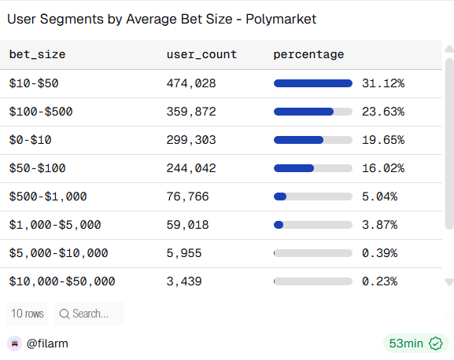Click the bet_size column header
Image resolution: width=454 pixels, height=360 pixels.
[37, 54]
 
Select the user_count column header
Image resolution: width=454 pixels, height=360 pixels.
[201, 54]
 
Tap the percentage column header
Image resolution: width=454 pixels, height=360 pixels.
[308, 54]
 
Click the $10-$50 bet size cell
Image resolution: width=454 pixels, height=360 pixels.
[34, 83]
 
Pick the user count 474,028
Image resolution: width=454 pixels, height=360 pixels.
[191, 83]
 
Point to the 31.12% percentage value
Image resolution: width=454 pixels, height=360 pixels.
[382, 83]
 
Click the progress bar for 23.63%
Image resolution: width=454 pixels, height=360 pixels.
[312, 112]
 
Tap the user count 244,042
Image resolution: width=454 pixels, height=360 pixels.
[191, 168]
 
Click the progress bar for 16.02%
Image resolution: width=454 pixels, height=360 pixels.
[312, 168]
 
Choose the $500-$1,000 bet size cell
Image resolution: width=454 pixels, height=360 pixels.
[48, 197]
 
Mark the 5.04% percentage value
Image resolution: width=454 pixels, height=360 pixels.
[379, 197]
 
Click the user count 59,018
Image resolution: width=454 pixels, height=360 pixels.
[188, 225]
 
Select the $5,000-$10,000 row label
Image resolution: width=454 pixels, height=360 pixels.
[58, 253]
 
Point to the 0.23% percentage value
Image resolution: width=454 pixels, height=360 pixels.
[379, 281]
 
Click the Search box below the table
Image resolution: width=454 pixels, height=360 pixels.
[89, 314]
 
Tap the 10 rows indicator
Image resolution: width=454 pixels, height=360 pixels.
[27, 314]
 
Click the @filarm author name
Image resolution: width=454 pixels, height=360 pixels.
[48, 343]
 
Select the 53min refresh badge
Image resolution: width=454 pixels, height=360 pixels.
[415, 343]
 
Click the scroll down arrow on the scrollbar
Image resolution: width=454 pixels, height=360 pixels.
[449, 281]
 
